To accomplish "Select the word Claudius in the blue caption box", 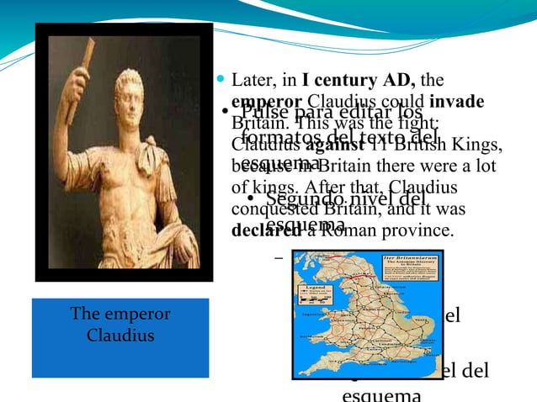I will [x=120, y=336].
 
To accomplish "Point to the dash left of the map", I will [x=279, y=256].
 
